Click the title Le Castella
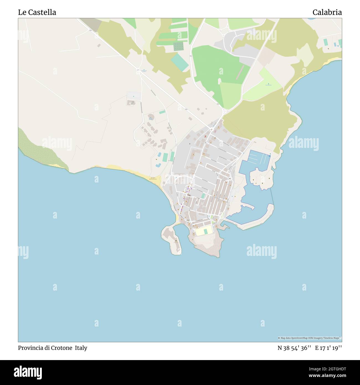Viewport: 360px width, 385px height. click(37, 12)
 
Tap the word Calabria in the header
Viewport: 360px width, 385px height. click(327, 12)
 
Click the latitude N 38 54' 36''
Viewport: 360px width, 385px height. click(294, 348)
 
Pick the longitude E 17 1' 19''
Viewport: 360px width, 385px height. click(328, 348)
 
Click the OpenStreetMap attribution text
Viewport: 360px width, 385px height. click(310, 338)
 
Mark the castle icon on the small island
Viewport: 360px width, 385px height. click(176, 240)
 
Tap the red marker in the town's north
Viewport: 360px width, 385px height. click(205, 137)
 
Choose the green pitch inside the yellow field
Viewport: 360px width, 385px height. click(205, 231)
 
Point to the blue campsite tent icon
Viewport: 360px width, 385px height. click(269, 83)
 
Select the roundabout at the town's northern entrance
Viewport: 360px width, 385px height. click(212, 129)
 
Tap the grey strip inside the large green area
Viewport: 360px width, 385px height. click(240, 72)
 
